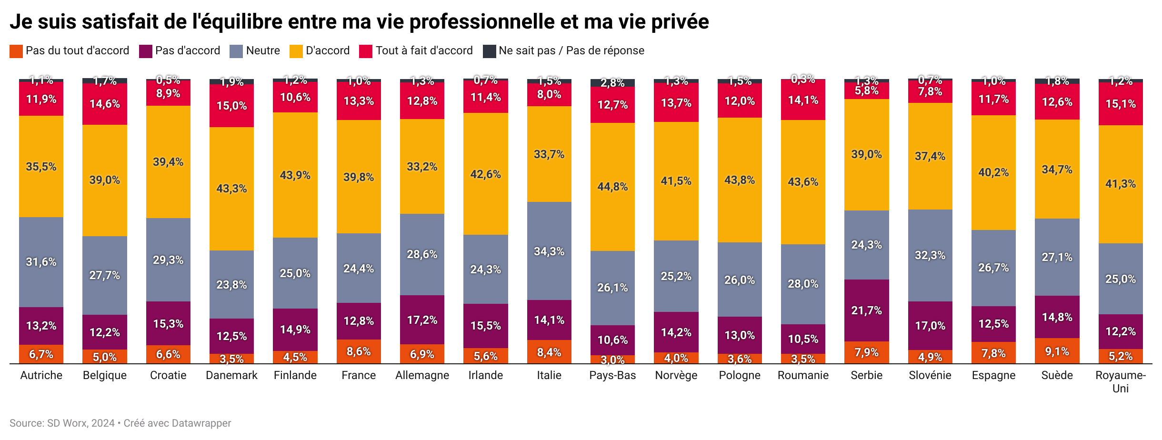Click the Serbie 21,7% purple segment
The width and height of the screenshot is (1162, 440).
point(866,310)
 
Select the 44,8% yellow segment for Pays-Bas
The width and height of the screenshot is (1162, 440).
point(612,187)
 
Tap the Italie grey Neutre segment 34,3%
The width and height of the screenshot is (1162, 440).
point(549,251)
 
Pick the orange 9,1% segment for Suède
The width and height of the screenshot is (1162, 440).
point(1057,351)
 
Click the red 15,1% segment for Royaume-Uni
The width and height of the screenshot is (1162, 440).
point(1120,104)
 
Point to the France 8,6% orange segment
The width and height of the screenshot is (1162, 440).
point(359,351)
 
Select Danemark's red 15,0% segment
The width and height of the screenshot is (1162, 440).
point(231,106)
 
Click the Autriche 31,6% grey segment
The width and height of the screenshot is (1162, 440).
point(41,262)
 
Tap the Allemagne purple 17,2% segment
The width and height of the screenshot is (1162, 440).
point(422,320)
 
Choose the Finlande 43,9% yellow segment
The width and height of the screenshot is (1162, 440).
point(295,175)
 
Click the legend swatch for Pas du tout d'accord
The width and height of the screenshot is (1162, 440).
point(16,51)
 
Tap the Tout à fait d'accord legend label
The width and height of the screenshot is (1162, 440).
point(424,50)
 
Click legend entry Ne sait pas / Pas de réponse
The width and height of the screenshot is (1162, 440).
point(571,50)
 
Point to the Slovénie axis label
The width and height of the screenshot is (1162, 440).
point(930,375)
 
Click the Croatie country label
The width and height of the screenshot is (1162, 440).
point(168,375)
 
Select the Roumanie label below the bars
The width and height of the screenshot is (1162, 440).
point(803,375)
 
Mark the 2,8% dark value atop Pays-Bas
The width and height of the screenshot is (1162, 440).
point(612,83)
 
